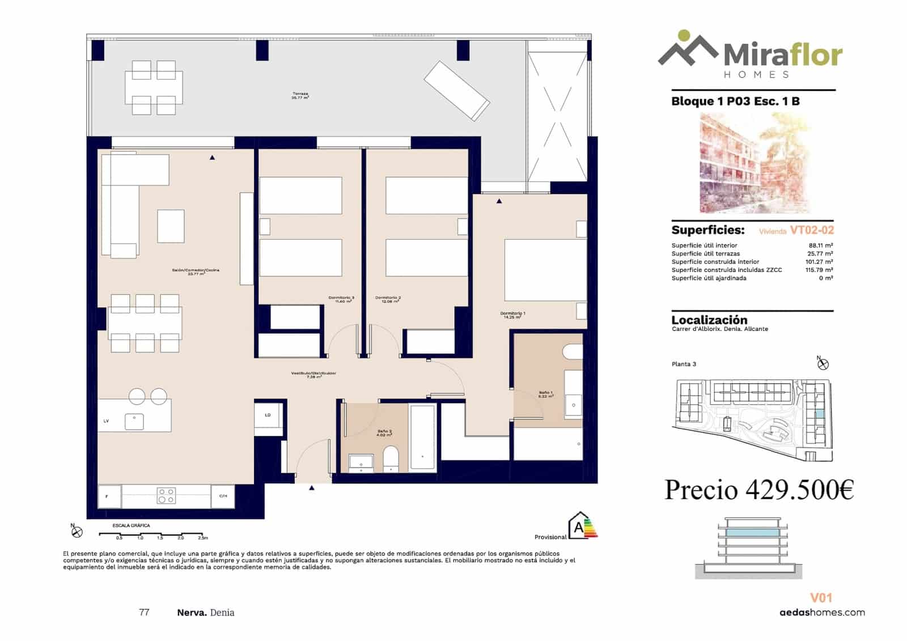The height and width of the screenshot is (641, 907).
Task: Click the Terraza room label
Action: tap(300, 95)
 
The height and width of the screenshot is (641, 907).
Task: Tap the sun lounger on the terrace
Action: tap(457, 90)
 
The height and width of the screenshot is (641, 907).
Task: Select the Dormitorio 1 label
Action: tap(512, 315)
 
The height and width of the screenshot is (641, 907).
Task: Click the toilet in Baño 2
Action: tap(391, 459)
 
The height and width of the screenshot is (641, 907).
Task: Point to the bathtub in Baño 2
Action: tap(422, 436)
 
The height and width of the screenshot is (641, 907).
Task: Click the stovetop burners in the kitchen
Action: tap(166, 496)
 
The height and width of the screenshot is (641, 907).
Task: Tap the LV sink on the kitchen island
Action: tap(134, 422)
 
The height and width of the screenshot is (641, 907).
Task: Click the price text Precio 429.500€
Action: tap(759, 490)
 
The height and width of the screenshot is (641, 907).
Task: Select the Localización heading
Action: tap(709, 320)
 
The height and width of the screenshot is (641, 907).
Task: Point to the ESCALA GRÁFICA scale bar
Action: tap(150, 534)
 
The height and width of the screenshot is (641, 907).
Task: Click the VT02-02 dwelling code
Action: tap(812, 230)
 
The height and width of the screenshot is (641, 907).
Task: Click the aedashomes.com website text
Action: tap(822, 612)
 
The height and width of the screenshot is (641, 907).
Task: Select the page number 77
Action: tap(144, 612)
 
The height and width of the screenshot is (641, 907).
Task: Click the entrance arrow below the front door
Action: tap(312, 487)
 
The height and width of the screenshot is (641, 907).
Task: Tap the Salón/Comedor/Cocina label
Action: tap(196, 271)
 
